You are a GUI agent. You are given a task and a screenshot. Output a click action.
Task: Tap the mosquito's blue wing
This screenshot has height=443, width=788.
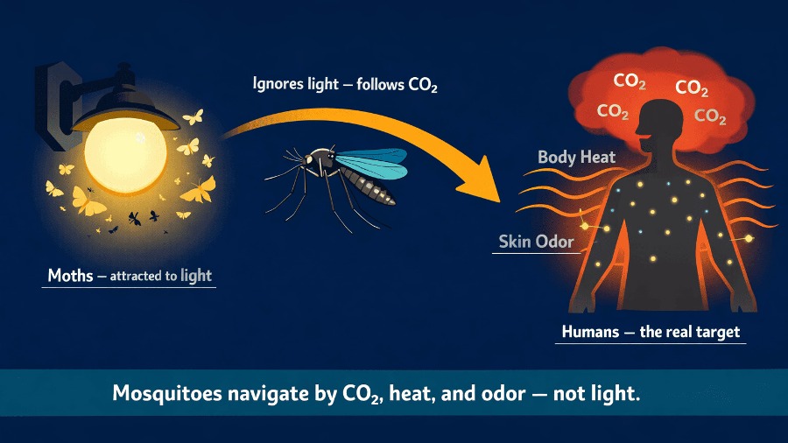(372, 162)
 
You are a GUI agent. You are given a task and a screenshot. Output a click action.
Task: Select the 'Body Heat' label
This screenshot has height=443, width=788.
(576, 158)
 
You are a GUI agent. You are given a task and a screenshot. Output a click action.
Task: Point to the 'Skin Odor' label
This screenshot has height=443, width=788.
(536, 241)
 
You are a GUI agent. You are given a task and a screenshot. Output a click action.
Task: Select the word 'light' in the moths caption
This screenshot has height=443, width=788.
(196, 277)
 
